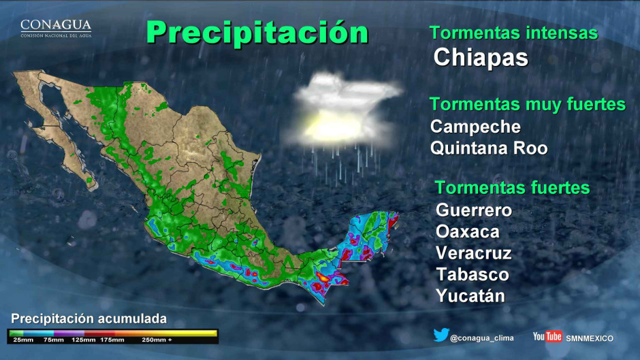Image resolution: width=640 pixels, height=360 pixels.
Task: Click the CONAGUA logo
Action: pos(56,28)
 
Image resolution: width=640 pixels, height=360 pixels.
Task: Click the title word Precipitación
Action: pos(257,31)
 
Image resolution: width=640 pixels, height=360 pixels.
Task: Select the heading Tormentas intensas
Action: pos(513,33)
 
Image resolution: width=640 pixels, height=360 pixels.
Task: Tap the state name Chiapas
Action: pos(481,57)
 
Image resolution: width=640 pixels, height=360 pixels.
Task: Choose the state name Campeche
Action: pos(475,127)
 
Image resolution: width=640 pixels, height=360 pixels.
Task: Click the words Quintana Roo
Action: pos(489,148)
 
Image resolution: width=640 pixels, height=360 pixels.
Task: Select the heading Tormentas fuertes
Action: pos(512,188)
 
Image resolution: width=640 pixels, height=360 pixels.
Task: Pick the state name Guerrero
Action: pos(474,210)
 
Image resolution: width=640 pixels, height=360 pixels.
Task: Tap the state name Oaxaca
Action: pos(468,231)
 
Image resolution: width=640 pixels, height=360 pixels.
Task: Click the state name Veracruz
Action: pos(474,253)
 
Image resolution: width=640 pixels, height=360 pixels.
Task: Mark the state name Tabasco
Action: pos(473,274)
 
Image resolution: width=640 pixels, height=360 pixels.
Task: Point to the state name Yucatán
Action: pos(470,296)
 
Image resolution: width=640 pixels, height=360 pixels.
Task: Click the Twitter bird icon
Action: pos(441,336)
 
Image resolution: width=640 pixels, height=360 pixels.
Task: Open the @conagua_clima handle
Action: pos(482,338)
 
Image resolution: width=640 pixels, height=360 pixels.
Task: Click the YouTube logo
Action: pos(547,337)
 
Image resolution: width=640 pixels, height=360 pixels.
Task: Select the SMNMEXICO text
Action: pos(590,338)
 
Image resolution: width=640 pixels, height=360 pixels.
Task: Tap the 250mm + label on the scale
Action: pos(157,339)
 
